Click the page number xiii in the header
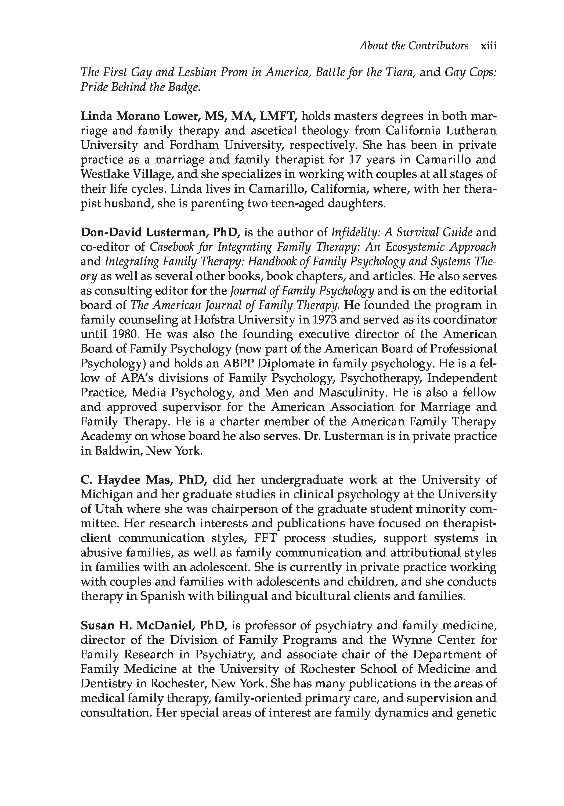488,46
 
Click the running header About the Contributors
414,46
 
